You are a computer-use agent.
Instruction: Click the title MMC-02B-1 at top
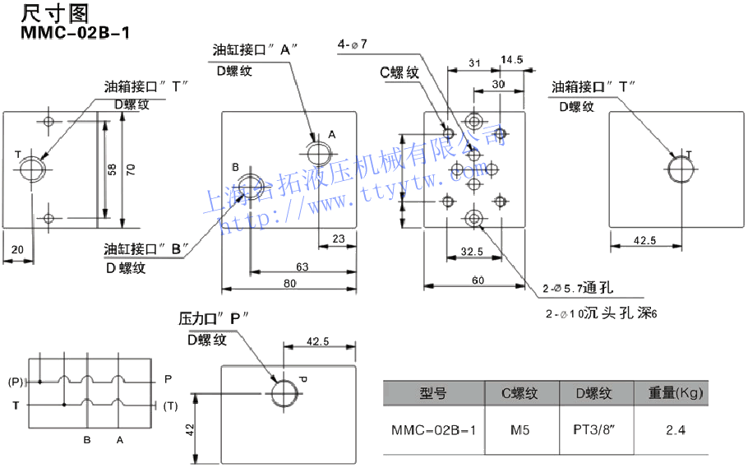(x=75, y=33)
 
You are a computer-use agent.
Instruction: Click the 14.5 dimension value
(x=511, y=60)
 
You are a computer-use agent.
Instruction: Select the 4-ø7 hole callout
(x=353, y=44)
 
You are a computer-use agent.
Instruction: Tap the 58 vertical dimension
(x=113, y=169)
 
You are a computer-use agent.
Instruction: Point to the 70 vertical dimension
(x=131, y=169)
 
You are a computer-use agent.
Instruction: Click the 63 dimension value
(x=302, y=266)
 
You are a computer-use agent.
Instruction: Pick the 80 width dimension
(x=290, y=285)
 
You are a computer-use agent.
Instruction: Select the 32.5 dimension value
(x=473, y=251)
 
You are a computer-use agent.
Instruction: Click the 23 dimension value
(x=338, y=240)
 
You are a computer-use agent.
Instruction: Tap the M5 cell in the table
(x=520, y=429)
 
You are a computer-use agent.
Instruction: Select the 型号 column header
(x=432, y=394)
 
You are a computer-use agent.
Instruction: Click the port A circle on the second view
(x=316, y=153)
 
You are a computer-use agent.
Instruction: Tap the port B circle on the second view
(x=252, y=185)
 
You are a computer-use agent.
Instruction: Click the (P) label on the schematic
(x=16, y=382)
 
